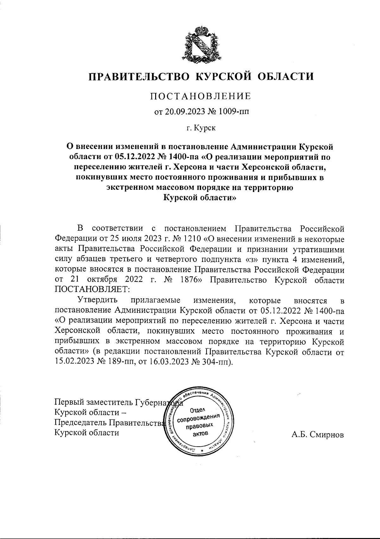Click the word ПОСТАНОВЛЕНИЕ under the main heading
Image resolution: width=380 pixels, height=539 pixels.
(x=200, y=96)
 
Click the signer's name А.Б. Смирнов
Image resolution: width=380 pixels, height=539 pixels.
(x=318, y=435)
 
